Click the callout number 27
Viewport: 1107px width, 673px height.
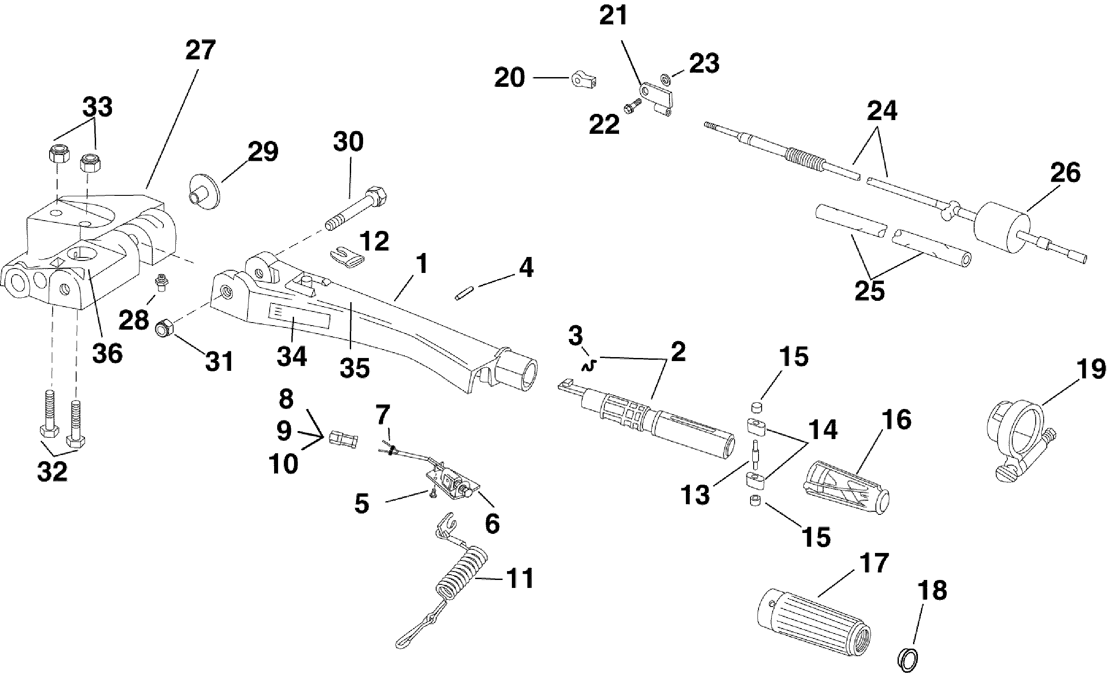pyautogui.click(x=201, y=51)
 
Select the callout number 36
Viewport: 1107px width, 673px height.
pyautogui.click(x=107, y=353)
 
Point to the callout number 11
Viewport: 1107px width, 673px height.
pyautogui.click(x=520, y=578)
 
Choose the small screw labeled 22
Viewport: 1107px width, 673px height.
pyautogui.click(x=632, y=106)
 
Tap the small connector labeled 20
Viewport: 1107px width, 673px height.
pyautogui.click(x=584, y=80)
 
